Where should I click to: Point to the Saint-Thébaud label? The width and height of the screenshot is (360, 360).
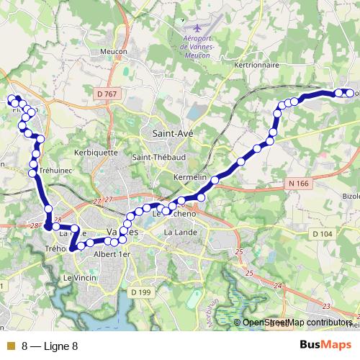(x=155, y=158)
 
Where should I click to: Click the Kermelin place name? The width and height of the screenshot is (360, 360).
(x=190, y=177)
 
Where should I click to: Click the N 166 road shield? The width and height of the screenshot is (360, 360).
(x=298, y=184)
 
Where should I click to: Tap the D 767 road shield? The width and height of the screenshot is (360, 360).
(x=106, y=94)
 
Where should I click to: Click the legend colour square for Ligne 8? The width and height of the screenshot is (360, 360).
(x=9, y=346)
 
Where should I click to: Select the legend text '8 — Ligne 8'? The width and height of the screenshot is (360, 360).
(x=49, y=346)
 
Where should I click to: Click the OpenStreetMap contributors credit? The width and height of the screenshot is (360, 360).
(x=297, y=323)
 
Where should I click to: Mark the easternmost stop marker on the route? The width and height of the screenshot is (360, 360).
(x=349, y=93)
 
